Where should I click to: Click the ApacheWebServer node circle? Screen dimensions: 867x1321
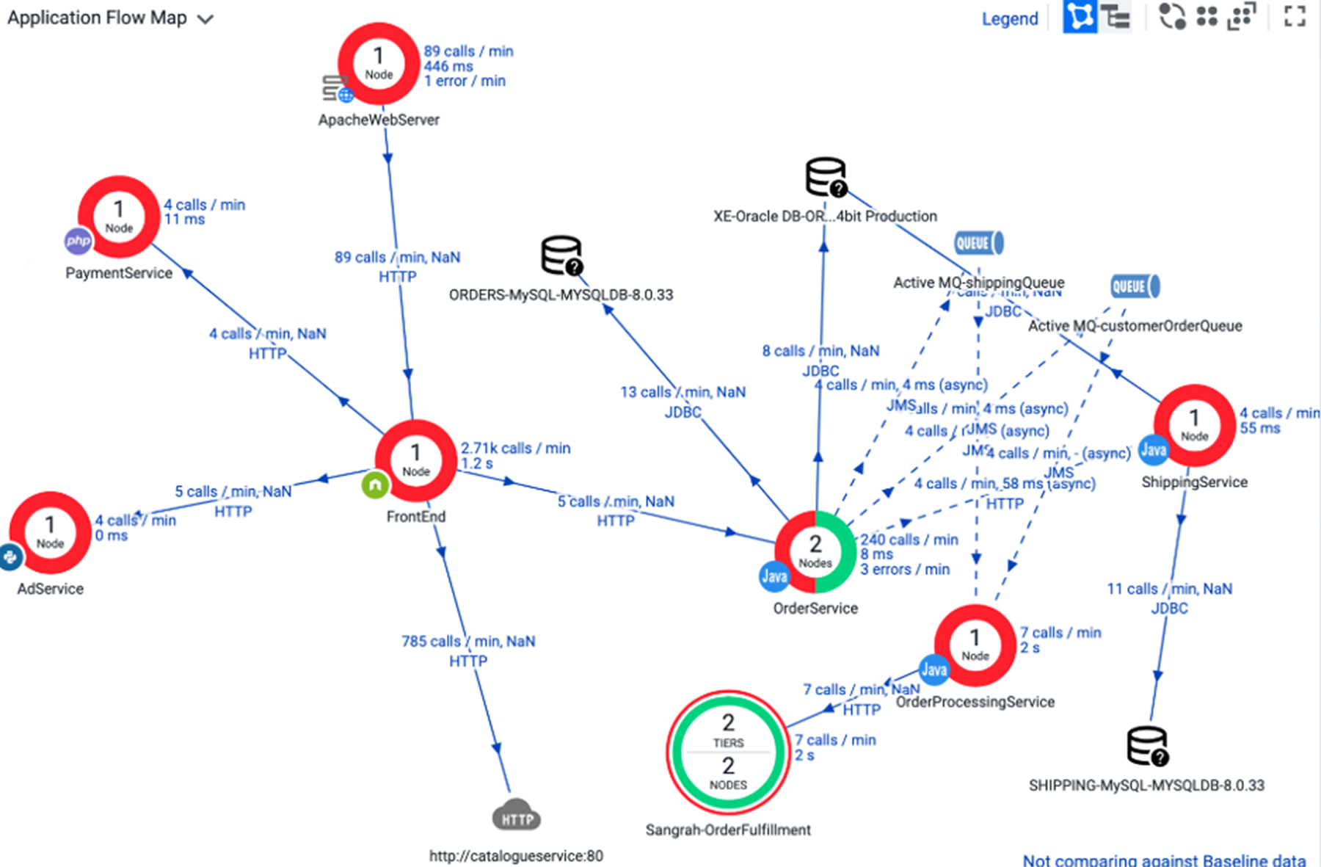click(379, 64)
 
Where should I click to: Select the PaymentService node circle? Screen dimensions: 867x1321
click(119, 217)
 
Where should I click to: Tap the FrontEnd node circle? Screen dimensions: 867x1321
click(415, 460)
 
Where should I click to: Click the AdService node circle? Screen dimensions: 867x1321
click(50, 532)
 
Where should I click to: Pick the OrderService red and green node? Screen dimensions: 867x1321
click(815, 552)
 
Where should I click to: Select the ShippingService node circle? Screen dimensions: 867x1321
click(1194, 425)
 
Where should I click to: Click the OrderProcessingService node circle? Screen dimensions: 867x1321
click(975, 645)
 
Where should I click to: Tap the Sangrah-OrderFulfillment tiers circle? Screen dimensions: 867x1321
click(728, 752)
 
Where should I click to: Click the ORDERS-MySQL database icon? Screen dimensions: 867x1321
click(561, 255)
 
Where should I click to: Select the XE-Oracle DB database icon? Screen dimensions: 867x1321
click(826, 177)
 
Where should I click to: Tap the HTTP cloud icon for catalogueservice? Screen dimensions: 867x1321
click(517, 816)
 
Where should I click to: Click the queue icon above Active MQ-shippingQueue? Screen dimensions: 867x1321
click(979, 243)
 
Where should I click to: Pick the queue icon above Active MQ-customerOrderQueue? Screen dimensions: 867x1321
click(1135, 286)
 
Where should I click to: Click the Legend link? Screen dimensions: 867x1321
click(1010, 18)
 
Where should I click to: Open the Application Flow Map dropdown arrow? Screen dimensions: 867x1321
click(205, 19)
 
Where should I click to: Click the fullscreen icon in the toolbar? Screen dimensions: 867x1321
click(1295, 16)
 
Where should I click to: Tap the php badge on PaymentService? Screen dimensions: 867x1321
click(78, 241)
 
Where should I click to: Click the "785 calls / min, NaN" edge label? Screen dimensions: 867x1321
click(468, 641)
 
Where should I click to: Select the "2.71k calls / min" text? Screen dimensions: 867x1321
click(515, 448)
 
